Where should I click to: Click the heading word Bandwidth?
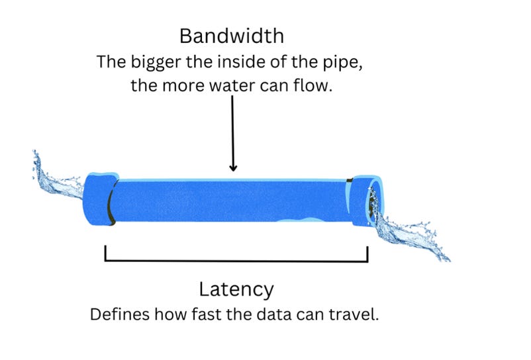tap(232, 35)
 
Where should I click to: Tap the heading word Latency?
tap(236, 289)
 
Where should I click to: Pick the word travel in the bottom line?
tap(358, 314)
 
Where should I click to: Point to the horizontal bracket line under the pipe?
tap(236, 259)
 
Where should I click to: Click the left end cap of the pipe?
tap(99, 199)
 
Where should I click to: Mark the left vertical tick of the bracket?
tap(106, 253)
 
